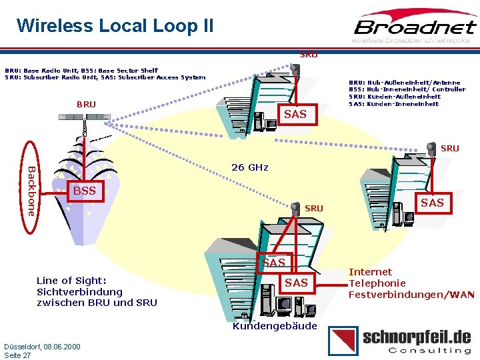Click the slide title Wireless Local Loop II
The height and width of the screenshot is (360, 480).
coord(115,26)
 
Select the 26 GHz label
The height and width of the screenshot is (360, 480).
coord(249,167)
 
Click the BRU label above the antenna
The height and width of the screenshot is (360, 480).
coord(86,105)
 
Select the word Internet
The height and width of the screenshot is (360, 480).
coord(371,272)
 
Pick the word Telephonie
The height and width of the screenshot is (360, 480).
coord(377,283)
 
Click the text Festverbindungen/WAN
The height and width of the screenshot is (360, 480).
coord(411,294)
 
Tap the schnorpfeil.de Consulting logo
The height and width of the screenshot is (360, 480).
coord(401,341)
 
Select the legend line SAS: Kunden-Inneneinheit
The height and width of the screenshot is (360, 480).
coord(394,103)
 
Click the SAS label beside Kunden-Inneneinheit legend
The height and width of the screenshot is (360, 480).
coord(295,115)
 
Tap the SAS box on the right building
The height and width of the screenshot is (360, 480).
coord(432,203)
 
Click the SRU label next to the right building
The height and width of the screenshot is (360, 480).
coord(450,149)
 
